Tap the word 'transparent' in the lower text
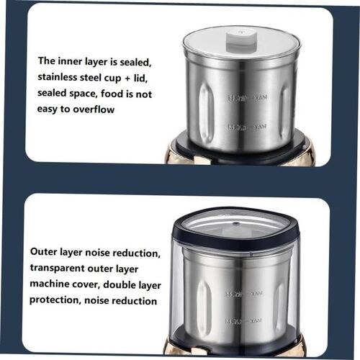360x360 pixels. click(60, 269)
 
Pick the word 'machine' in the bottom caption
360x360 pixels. click(50, 285)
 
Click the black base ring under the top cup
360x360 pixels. click(241, 146)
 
